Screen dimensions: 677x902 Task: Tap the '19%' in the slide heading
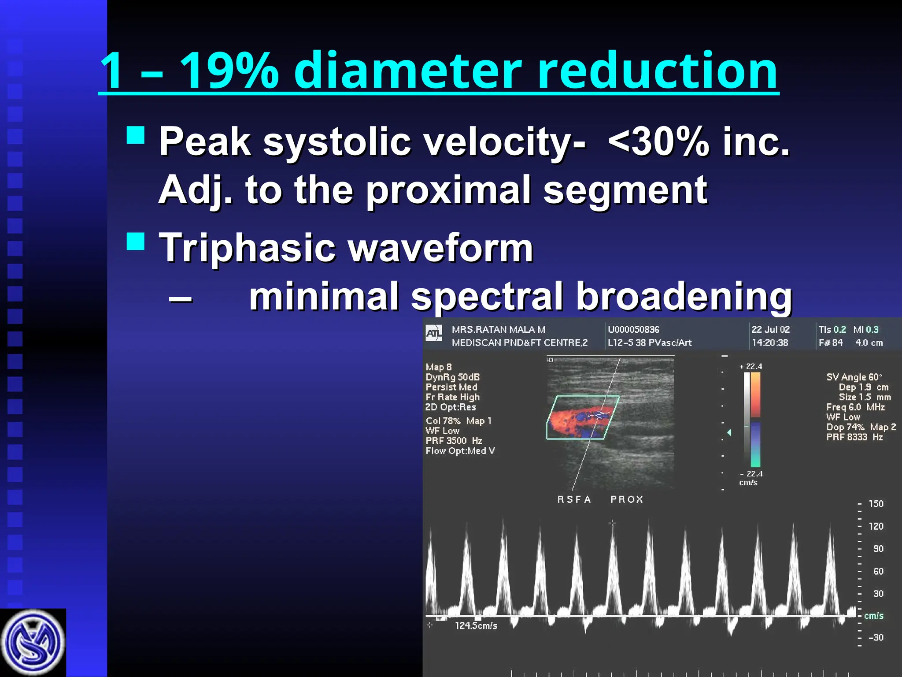(x=229, y=71)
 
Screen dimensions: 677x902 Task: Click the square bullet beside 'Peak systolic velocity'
(x=136, y=135)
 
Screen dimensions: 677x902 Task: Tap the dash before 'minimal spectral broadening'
(x=180, y=298)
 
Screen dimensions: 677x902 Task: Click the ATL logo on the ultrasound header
(x=434, y=334)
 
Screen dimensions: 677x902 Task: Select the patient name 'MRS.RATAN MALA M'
(x=498, y=330)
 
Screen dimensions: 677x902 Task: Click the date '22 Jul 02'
(x=770, y=330)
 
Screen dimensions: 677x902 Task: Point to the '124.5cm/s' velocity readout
(x=476, y=625)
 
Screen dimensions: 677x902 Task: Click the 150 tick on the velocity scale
(x=876, y=504)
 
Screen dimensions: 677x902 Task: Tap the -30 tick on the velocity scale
(x=875, y=637)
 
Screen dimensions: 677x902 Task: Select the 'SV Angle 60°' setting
(x=854, y=377)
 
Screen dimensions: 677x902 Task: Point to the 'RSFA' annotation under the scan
(x=574, y=499)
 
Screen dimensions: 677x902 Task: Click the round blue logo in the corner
(x=33, y=643)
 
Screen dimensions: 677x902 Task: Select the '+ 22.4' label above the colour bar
(x=751, y=366)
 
